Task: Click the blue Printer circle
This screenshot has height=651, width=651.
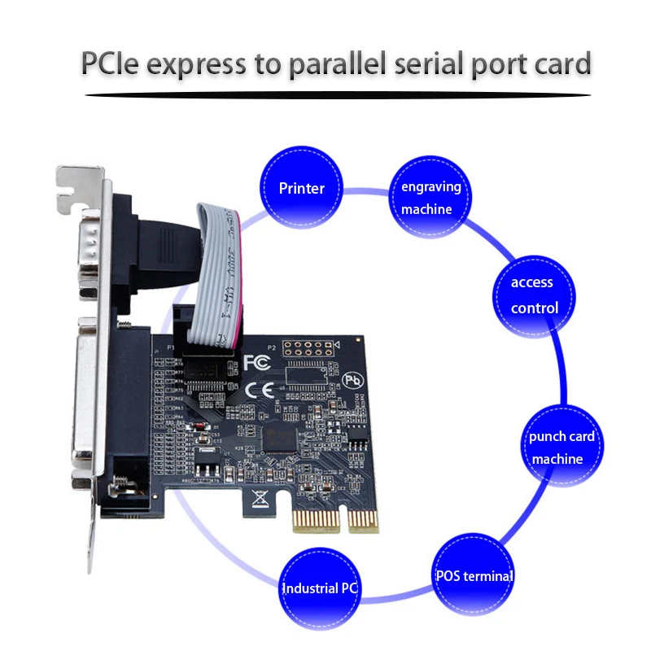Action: [x=301, y=188]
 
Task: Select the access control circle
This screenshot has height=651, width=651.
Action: [x=534, y=295]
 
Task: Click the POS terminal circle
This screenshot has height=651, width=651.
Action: [x=473, y=576]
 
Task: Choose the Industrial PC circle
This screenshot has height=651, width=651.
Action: [x=321, y=588]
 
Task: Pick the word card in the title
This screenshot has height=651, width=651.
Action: [x=561, y=63]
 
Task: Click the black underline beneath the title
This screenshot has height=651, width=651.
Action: [x=338, y=95]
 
